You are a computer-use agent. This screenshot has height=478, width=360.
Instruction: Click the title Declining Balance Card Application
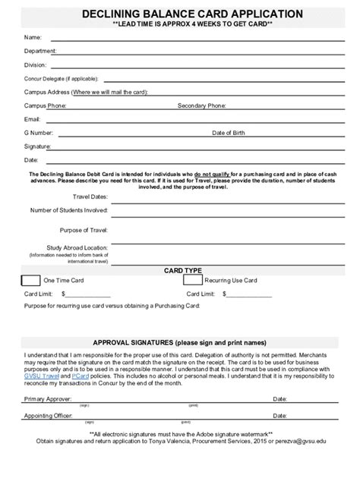pos(180,14)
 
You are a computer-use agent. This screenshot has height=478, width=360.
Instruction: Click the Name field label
pos(33,37)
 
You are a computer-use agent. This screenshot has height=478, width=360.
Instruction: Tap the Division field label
pos(36,64)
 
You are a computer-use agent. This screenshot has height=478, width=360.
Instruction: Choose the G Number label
pos(37,132)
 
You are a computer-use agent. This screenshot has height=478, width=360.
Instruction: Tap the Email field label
pos(33,119)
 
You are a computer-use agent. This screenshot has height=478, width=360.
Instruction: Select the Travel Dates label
pos(90,197)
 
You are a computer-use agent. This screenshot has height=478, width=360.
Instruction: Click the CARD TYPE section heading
pos(183,270)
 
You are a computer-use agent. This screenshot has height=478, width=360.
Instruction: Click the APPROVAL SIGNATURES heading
pos(179,341)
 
